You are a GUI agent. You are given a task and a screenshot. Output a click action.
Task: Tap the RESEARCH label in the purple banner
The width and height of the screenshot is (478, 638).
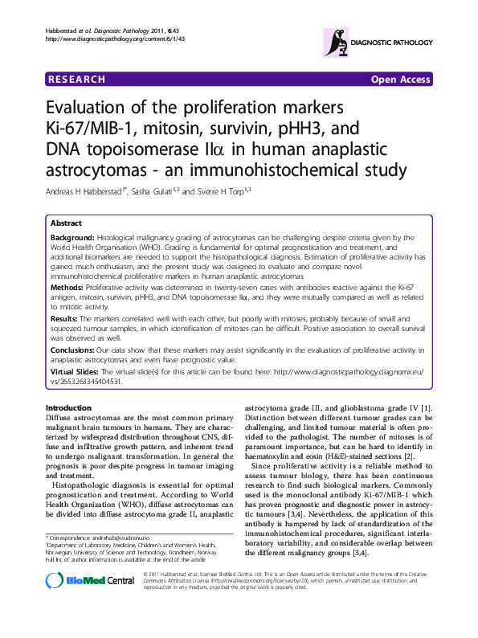point(77,79)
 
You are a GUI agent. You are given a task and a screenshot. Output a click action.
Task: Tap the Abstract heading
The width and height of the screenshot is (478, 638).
point(66,223)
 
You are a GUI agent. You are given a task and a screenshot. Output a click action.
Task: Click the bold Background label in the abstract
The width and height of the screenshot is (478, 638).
point(72,238)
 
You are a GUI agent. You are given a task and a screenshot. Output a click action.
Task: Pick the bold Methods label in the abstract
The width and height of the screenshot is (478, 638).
point(67,286)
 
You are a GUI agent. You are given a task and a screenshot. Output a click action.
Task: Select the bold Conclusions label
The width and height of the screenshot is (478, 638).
point(75,350)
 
